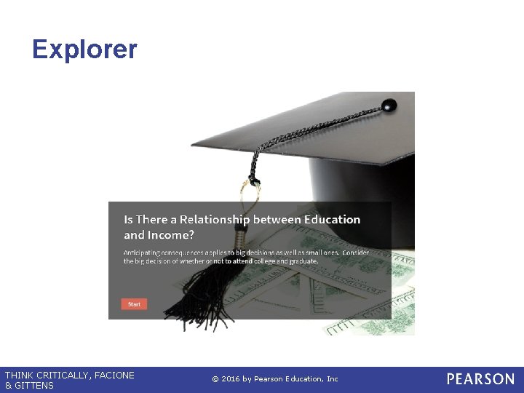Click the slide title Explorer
[x=84, y=49]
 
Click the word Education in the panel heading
[x=332, y=219]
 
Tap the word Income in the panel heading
[x=169, y=235]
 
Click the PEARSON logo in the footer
[x=480, y=379]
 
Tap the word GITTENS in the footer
[x=34, y=386]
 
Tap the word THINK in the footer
[x=18, y=376]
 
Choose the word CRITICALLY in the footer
[x=60, y=376]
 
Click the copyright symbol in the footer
[x=215, y=379]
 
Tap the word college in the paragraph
[x=257, y=261]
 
